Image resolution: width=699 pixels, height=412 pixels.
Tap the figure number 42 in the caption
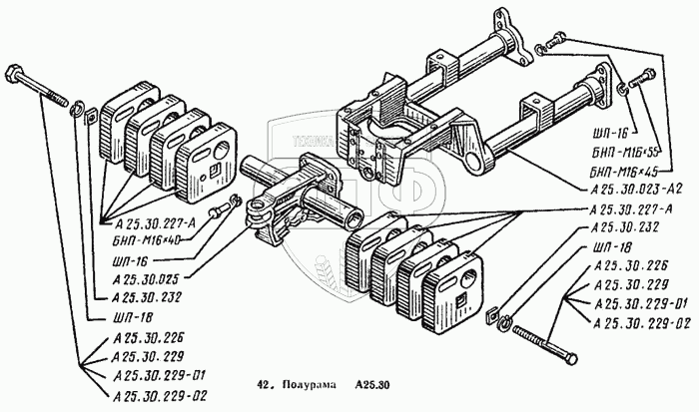264,383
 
